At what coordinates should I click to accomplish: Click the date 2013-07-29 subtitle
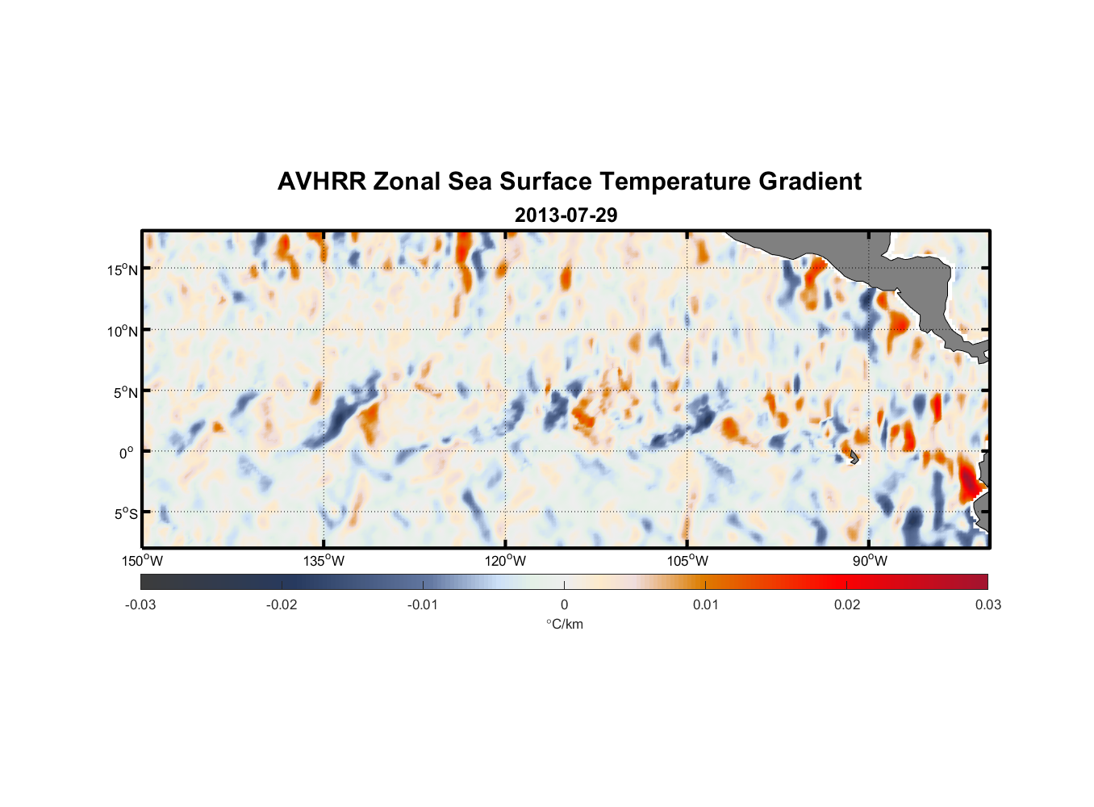click(566, 215)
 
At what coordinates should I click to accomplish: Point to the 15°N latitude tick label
click(123, 270)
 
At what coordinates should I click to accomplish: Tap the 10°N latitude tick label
click(123, 331)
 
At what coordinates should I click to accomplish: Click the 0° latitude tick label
click(126, 454)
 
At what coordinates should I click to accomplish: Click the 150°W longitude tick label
click(142, 561)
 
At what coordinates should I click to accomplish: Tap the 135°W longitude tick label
click(324, 561)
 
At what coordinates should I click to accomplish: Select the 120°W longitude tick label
click(506, 561)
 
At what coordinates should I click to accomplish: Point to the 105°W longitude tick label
click(687, 561)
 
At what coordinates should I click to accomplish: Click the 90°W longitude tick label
click(870, 561)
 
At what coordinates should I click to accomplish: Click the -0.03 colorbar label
click(140, 605)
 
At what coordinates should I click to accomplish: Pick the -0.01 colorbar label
click(423, 605)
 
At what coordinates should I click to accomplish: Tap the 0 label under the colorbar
click(564, 605)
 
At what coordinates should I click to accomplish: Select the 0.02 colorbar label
click(847, 605)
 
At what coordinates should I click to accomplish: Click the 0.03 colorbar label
click(988, 605)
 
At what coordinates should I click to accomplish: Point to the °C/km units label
click(565, 624)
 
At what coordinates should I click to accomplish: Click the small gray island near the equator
click(854, 457)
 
